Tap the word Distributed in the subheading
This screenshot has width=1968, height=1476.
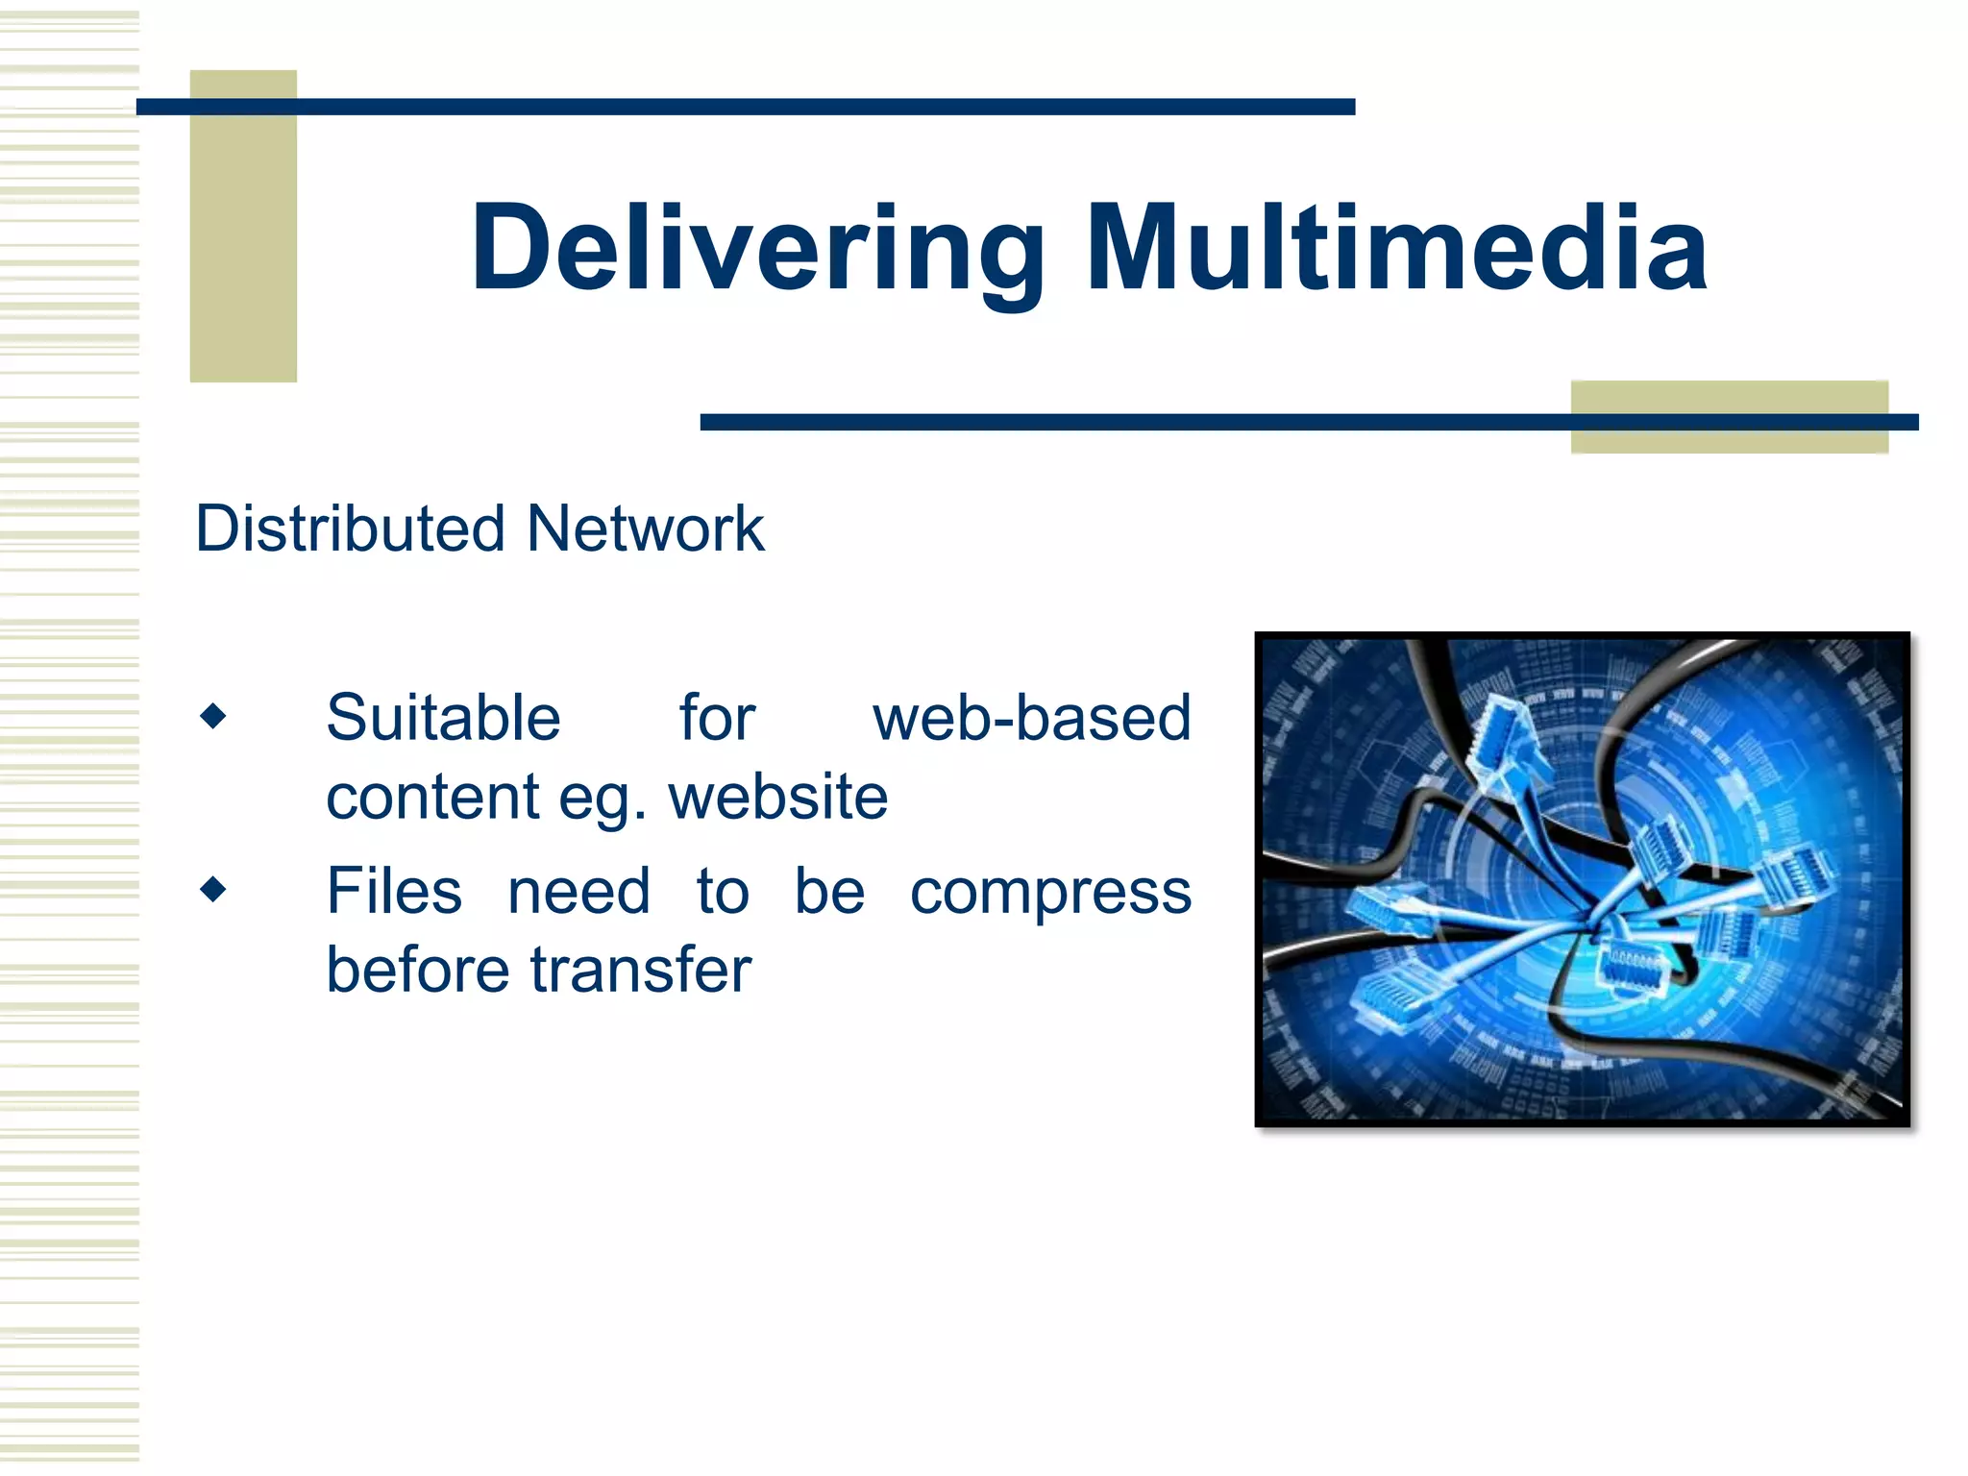(350, 529)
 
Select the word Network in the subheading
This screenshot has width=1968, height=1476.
(646, 529)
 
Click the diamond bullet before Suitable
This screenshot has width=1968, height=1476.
(213, 716)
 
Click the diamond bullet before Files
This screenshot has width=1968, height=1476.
(213, 889)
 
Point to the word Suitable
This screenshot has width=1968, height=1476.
(443, 718)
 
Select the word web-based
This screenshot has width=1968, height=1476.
(1032, 718)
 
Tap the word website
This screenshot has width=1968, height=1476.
(778, 797)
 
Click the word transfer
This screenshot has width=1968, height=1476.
(641, 970)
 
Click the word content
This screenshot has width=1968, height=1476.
(432, 797)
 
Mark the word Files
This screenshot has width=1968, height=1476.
(394, 891)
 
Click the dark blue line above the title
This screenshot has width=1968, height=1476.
(745, 107)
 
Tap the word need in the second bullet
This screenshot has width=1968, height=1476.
(578, 891)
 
